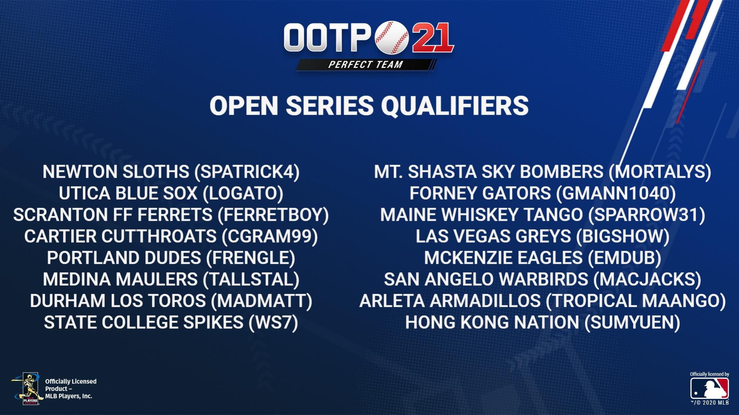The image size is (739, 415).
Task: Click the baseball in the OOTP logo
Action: pyautogui.click(x=392, y=37)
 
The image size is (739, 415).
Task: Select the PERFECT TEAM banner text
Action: pyautogui.click(x=365, y=65)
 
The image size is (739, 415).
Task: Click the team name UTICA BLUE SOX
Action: pyautogui.click(x=128, y=193)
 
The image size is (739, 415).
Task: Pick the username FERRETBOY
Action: pyautogui.click(x=273, y=215)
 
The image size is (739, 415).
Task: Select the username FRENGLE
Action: pyautogui.click(x=251, y=258)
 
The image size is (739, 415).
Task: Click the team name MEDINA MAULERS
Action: pyautogui.click(x=120, y=280)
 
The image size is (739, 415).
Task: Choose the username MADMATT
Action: pyautogui.click(x=262, y=301)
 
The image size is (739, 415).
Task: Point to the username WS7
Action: pyautogui.click(x=273, y=323)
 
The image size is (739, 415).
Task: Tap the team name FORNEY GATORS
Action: pyautogui.click(x=480, y=193)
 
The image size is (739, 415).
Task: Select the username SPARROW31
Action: pyautogui.click(x=647, y=215)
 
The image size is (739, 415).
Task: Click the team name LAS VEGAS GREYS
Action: pyautogui.click(x=493, y=237)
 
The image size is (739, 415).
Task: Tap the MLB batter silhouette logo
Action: pyautogui.click(x=709, y=388)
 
